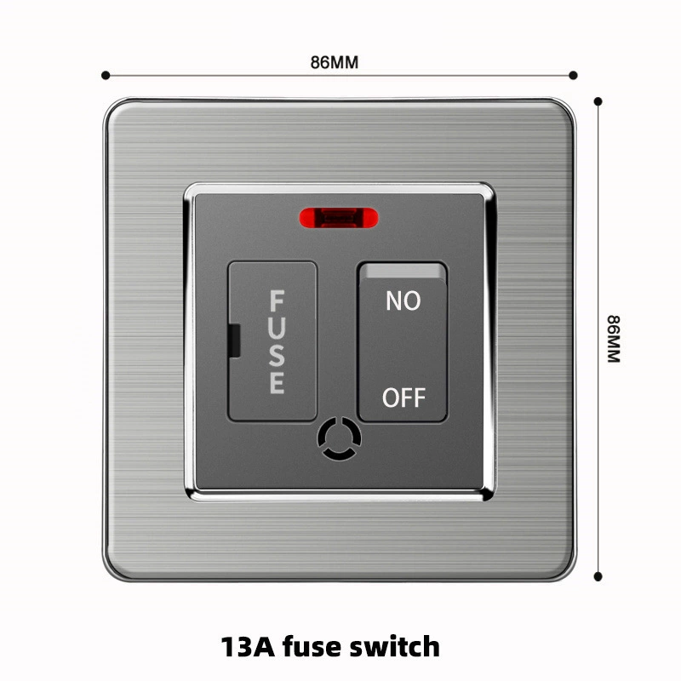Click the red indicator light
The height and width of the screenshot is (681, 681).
(339, 218)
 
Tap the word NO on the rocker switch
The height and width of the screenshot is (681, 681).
(403, 300)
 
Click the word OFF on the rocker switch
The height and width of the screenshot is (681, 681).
(403, 398)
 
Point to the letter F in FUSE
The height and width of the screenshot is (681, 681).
(278, 300)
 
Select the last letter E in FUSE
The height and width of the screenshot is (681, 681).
(278, 383)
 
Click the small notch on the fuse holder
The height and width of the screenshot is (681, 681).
(235, 341)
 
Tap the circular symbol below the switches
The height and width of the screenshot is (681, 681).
(339, 438)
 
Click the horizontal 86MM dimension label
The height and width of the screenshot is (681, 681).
(335, 62)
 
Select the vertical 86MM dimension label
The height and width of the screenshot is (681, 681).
(614, 339)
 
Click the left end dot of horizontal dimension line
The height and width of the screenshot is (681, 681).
(106, 76)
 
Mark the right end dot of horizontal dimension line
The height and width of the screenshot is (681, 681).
(573, 76)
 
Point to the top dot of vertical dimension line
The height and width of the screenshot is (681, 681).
(598, 101)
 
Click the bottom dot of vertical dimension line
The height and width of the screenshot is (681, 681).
(598, 576)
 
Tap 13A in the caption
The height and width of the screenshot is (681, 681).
(248, 647)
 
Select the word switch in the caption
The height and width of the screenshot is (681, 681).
(395, 646)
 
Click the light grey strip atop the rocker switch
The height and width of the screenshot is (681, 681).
(403, 272)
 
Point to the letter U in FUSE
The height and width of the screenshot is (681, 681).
(278, 329)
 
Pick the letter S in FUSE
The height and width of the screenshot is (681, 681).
(278, 356)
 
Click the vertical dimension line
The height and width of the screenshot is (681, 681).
(598, 339)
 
